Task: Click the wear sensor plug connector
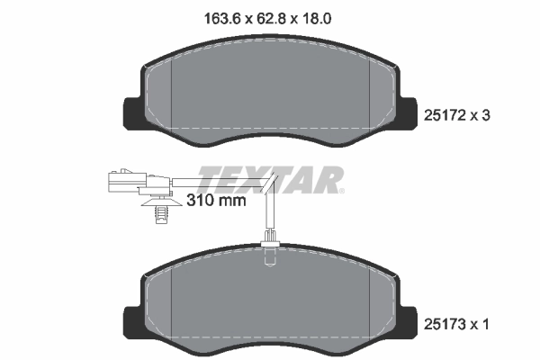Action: point(122,182)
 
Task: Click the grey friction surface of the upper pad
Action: point(270,94)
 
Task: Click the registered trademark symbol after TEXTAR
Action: point(340,190)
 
